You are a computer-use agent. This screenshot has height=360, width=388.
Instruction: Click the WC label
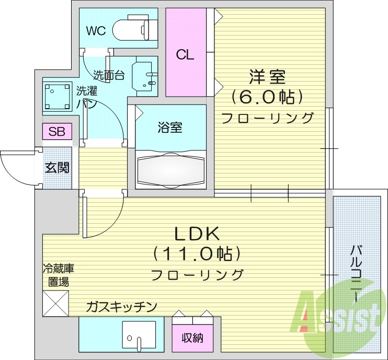point(96,31)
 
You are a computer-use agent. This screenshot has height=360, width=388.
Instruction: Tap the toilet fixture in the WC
point(134,29)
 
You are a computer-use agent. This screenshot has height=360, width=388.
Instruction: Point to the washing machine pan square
point(56,97)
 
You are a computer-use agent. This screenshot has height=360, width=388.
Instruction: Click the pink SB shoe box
point(57,131)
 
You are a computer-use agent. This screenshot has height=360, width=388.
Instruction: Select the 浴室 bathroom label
point(169,127)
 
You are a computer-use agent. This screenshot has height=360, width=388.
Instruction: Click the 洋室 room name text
point(267,77)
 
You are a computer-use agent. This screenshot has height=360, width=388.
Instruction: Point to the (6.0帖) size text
point(267,97)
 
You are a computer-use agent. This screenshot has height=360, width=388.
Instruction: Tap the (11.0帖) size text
point(197,254)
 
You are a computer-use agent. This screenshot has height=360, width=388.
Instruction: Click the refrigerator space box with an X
point(55,304)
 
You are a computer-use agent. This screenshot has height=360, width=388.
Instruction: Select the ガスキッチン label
point(121,306)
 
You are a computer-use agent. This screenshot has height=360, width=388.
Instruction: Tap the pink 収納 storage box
point(193,338)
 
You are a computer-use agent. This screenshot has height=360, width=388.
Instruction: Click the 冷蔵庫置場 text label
point(58,275)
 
